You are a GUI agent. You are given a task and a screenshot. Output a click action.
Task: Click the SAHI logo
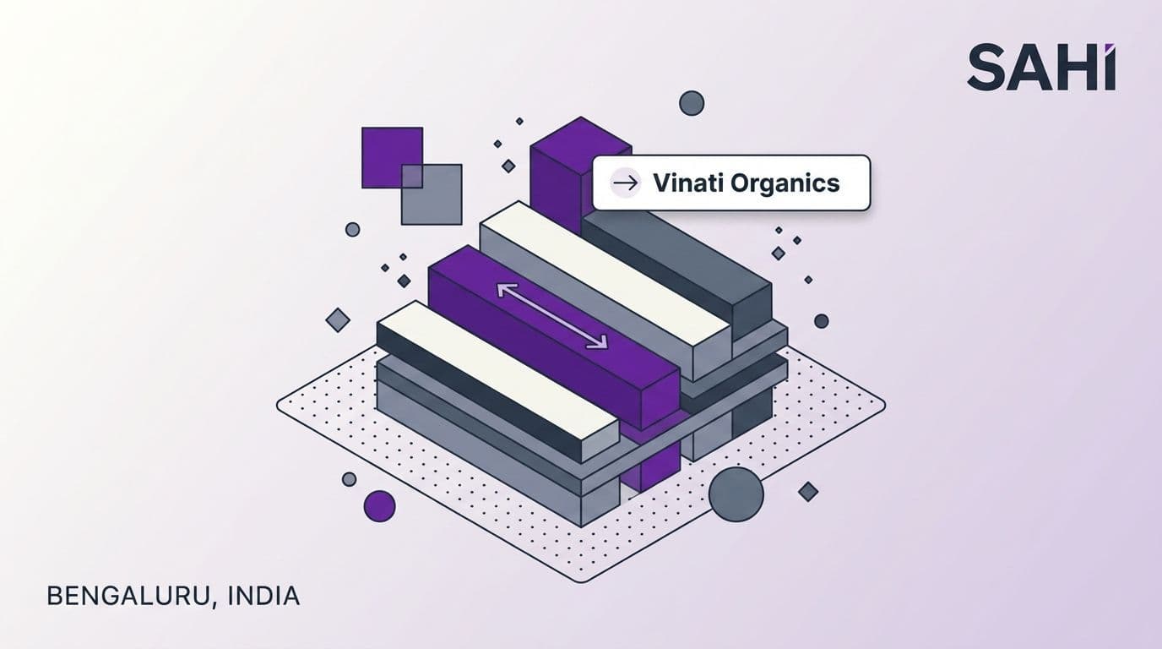point(1041,68)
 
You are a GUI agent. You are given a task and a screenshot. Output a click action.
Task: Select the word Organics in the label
point(785,183)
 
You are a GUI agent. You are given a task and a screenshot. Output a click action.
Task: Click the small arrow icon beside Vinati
point(625,183)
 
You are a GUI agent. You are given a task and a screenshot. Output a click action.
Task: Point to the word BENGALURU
point(128,596)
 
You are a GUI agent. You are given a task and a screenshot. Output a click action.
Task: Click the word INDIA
point(263,596)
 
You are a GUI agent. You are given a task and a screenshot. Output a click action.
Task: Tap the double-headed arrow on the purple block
point(552,316)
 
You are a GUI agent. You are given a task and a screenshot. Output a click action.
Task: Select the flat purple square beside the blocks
point(392,157)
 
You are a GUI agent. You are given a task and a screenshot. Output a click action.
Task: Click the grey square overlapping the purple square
point(432,194)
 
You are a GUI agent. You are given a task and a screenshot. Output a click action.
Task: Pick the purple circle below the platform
point(380,505)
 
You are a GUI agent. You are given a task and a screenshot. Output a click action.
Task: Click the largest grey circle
point(736,494)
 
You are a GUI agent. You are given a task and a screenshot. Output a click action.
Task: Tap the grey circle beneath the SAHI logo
point(692,103)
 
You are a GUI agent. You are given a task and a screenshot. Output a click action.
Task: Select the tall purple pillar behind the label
point(560,172)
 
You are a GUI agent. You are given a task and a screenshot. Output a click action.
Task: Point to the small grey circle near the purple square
point(353,230)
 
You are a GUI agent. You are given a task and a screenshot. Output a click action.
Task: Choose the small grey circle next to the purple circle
point(349,478)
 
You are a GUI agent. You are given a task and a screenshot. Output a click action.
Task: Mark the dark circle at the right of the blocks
point(821,321)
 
